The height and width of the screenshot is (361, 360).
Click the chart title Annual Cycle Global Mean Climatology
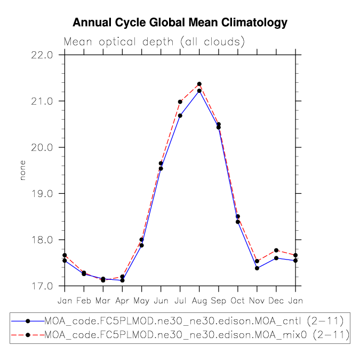[180, 22]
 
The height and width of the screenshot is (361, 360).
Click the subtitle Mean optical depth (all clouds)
[154, 42]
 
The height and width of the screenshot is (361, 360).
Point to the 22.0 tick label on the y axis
[42, 55]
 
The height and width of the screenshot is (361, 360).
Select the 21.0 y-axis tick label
[42, 101]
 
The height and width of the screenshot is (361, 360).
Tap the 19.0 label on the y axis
[42, 194]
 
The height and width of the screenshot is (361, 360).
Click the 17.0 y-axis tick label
[42, 286]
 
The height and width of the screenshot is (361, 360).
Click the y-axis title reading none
[22, 170]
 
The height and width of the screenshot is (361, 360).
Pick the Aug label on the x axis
[199, 301]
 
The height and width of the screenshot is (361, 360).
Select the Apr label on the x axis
[122, 301]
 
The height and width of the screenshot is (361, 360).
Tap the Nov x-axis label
[257, 301]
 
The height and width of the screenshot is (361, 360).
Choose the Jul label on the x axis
[180, 301]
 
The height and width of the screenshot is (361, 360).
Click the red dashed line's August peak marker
[199, 84]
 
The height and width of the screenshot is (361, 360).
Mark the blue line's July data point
[180, 115]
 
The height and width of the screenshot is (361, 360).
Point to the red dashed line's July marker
[180, 102]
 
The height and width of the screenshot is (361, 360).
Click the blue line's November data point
[257, 268]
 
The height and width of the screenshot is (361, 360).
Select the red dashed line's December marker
[276, 250]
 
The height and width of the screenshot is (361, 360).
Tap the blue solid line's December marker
[276, 258]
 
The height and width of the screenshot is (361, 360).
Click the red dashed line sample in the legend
[28, 335]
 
